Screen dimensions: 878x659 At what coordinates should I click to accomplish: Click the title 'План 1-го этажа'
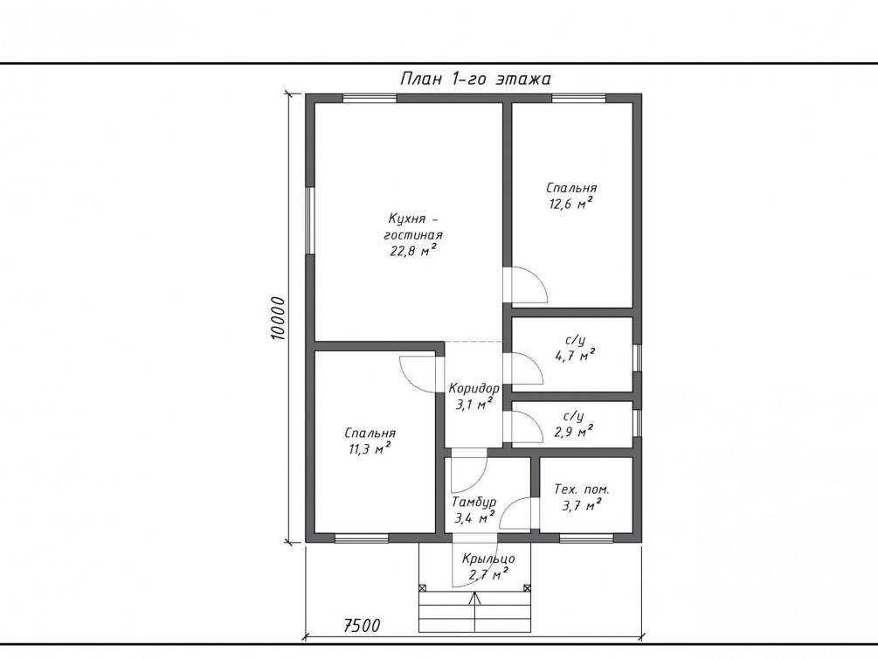click(x=475, y=79)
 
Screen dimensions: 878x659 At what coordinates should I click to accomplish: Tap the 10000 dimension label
click(x=278, y=318)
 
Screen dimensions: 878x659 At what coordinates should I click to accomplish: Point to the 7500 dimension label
click(x=362, y=625)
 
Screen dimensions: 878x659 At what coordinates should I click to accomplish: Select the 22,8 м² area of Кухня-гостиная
click(x=413, y=250)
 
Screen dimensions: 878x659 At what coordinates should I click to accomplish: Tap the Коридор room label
click(x=474, y=388)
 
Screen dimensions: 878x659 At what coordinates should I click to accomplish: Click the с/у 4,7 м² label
click(x=575, y=348)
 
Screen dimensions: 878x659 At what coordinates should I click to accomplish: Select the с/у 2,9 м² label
click(x=574, y=424)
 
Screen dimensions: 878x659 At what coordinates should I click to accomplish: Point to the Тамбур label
click(x=474, y=502)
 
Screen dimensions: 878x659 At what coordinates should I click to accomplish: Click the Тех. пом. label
click(x=582, y=489)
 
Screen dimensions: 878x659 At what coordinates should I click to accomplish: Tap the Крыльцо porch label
click(x=488, y=558)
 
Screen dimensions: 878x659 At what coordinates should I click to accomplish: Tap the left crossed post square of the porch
click(x=423, y=588)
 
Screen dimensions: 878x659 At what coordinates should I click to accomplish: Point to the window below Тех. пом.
click(x=586, y=538)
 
